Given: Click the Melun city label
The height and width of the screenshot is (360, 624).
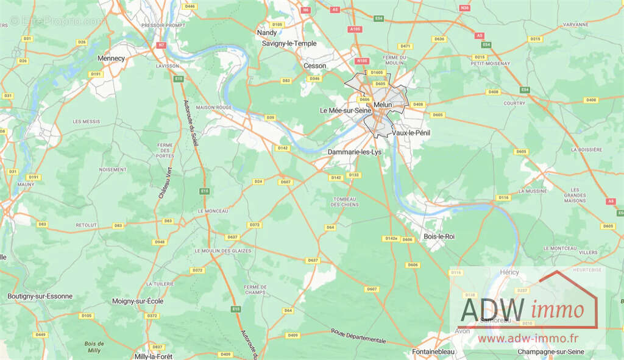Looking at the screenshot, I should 383,105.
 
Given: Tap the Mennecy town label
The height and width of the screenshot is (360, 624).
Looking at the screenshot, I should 111,58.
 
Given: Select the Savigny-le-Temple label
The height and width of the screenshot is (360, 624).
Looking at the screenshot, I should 289,44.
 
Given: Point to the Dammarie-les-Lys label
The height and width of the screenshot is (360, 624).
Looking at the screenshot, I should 354,152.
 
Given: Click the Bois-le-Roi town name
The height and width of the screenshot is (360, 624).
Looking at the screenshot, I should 439,236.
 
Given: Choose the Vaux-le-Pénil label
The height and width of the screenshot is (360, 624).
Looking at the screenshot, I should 411,132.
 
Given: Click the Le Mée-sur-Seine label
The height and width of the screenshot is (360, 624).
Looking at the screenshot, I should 346,110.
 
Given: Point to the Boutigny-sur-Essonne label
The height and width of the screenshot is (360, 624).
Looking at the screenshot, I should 40,296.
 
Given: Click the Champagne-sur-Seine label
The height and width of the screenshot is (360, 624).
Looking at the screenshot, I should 550,351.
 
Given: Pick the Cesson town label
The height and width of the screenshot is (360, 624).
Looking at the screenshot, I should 315,66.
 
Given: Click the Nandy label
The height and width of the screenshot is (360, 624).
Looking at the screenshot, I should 267,32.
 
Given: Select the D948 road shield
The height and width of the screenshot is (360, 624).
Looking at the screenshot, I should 160,242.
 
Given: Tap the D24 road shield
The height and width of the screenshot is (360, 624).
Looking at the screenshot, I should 258,182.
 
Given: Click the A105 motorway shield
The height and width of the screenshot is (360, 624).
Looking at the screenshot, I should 355,29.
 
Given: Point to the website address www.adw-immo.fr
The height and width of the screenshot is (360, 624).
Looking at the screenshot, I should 528,337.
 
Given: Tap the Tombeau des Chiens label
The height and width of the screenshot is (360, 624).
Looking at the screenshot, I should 344,202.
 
